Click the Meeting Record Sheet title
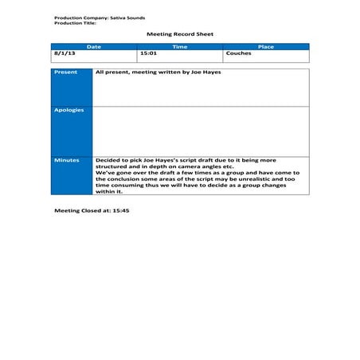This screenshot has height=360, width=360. point(180,34)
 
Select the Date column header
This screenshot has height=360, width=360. point(94,47)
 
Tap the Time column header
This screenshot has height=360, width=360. point(180,47)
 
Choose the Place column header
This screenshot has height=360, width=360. point(266,47)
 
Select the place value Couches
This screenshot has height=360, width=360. point(238,53)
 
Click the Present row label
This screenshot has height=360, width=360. point(66,72)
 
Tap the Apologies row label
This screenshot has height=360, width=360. point(68,110)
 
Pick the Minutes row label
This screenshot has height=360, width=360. point(67,160)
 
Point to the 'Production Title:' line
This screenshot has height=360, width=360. point(74,22)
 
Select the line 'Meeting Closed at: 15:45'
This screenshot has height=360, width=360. point(92,210)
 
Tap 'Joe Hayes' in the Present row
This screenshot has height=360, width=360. point(206,72)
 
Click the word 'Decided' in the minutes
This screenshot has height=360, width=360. point(108,160)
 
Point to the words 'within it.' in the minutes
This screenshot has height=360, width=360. point(109,191)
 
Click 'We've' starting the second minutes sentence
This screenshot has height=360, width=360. point(104,173)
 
